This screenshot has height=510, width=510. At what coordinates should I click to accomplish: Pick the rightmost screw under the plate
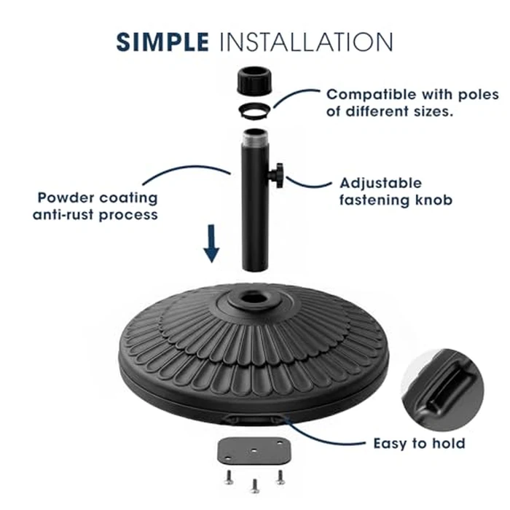pos(279,476)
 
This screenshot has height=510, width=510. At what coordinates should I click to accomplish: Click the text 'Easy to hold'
pos(419,443)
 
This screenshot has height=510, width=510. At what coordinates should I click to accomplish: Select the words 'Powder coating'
pos(97,197)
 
